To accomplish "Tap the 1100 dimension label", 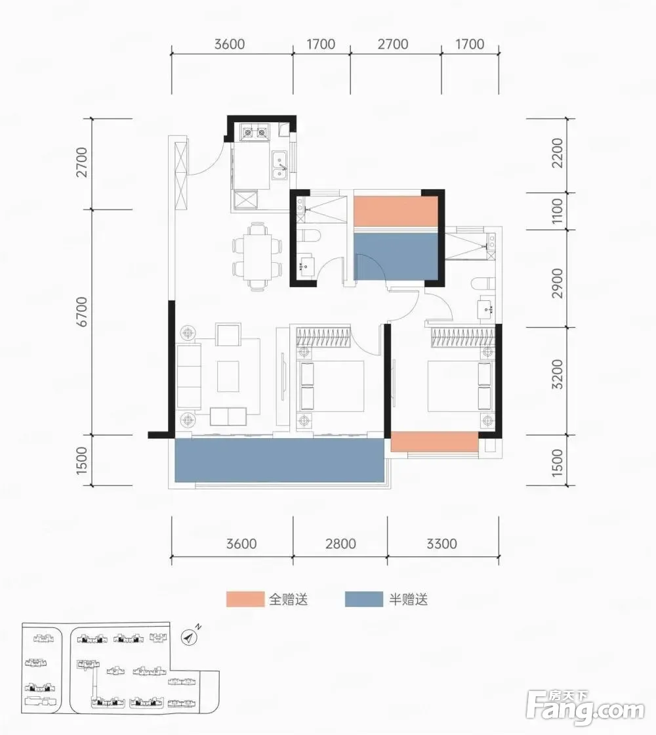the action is (557, 211).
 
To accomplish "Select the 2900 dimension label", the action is (557, 282).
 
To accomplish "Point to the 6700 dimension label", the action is (82, 312).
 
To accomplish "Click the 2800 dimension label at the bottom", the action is (340, 544).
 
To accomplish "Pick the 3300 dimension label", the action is (441, 544).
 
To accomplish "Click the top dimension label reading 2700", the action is (393, 44).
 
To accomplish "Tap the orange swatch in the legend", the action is (245, 599).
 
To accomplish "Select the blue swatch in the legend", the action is (364, 599).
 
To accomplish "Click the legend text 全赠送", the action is (289, 599).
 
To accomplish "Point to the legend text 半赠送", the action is (408, 599).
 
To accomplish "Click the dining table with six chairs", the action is (257, 257).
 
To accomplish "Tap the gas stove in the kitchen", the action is (255, 133).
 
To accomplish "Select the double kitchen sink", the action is (280, 166).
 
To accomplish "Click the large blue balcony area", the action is (279, 460).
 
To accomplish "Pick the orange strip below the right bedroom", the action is (434, 442).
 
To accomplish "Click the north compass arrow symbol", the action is (189, 637).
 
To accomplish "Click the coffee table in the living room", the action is (228, 376).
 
